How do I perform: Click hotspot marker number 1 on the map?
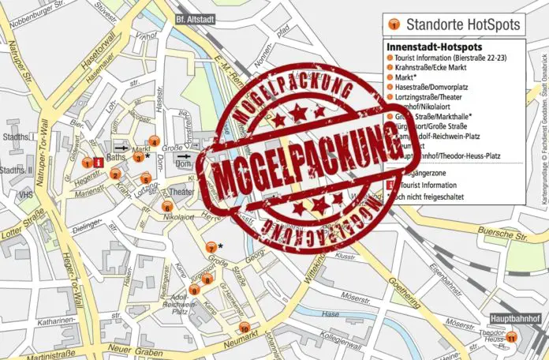(87, 163)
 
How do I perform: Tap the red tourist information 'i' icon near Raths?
(97, 163)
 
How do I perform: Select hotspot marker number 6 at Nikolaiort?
(167, 207)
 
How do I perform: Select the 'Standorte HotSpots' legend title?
(461, 24)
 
